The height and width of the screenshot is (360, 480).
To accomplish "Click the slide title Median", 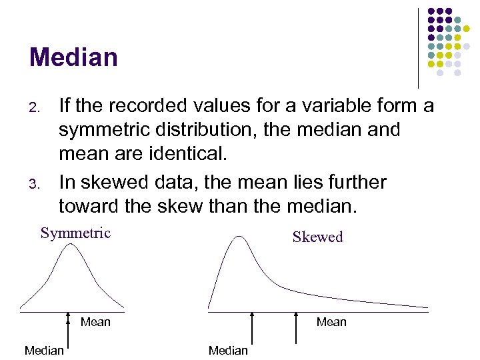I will pyautogui.click(x=73, y=57).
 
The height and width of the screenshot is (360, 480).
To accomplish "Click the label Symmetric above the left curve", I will pyautogui.click(x=75, y=233).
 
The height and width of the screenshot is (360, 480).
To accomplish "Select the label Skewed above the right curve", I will pyautogui.click(x=317, y=237).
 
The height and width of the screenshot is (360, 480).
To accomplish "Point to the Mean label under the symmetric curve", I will pyautogui.click(x=95, y=322).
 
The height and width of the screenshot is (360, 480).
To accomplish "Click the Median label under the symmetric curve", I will pyautogui.click(x=44, y=350).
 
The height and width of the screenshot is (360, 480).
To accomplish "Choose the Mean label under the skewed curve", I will pyautogui.click(x=331, y=322).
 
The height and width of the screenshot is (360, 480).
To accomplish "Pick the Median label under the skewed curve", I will pyautogui.click(x=228, y=350).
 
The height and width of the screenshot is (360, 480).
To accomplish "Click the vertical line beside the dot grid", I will pyautogui.click(x=418, y=47).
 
